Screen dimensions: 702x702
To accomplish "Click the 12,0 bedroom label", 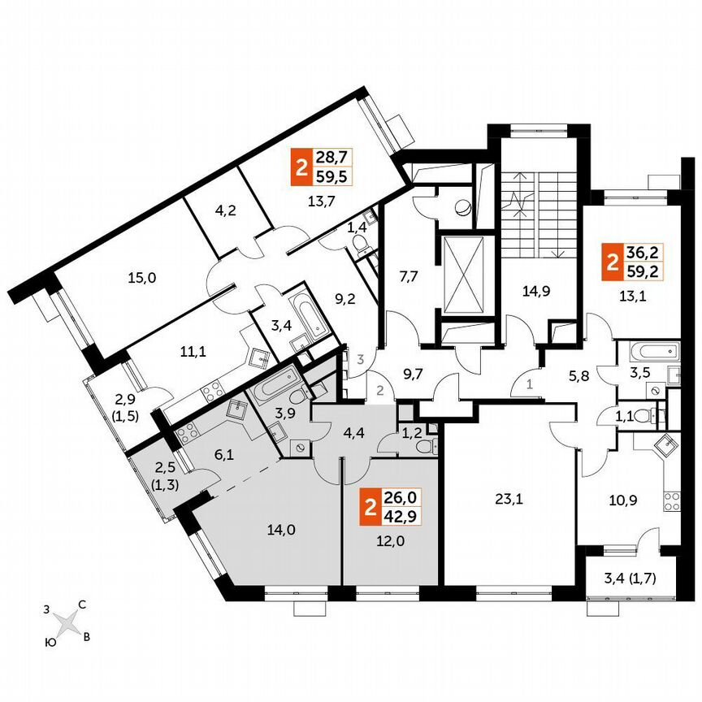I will [383, 548].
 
